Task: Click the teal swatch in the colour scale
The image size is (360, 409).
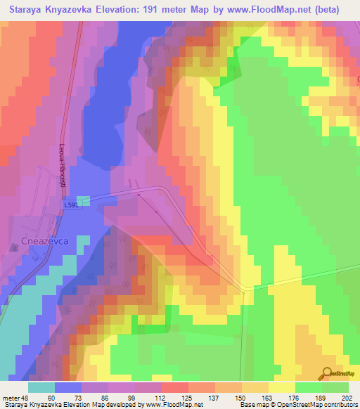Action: point(41,387)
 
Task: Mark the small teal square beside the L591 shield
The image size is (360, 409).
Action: point(83,202)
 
